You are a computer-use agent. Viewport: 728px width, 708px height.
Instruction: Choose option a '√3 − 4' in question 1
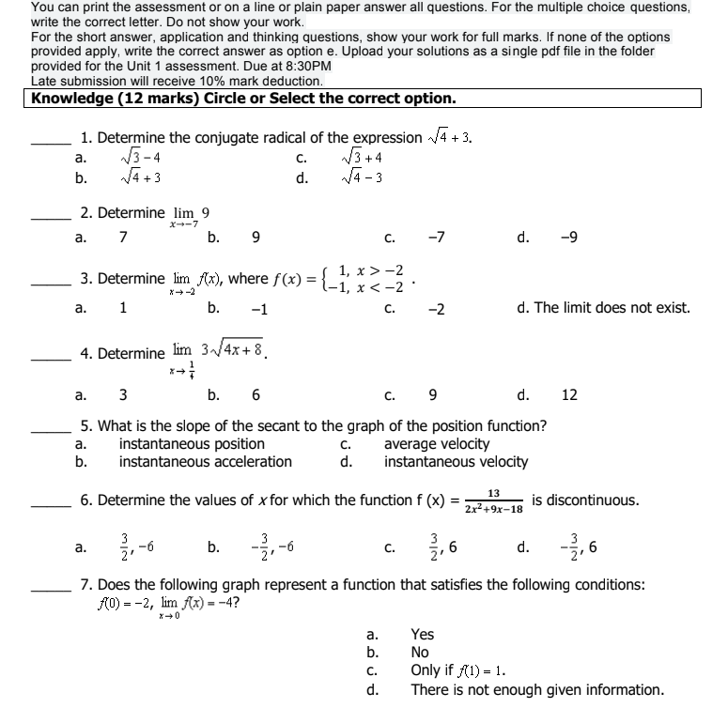click(142, 159)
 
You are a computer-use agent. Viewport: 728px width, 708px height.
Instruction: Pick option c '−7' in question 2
click(436, 238)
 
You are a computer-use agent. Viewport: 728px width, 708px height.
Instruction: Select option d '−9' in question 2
click(569, 238)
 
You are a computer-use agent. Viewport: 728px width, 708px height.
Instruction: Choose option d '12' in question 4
click(569, 395)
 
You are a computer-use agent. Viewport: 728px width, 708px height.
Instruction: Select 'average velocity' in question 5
click(437, 444)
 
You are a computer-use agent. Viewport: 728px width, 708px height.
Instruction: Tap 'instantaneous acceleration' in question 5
click(205, 461)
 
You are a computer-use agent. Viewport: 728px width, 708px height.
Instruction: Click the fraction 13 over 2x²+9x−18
click(493, 500)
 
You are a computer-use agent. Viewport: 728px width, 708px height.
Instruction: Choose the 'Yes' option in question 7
click(423, 635)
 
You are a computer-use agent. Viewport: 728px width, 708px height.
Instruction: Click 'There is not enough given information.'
click(536, 690)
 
